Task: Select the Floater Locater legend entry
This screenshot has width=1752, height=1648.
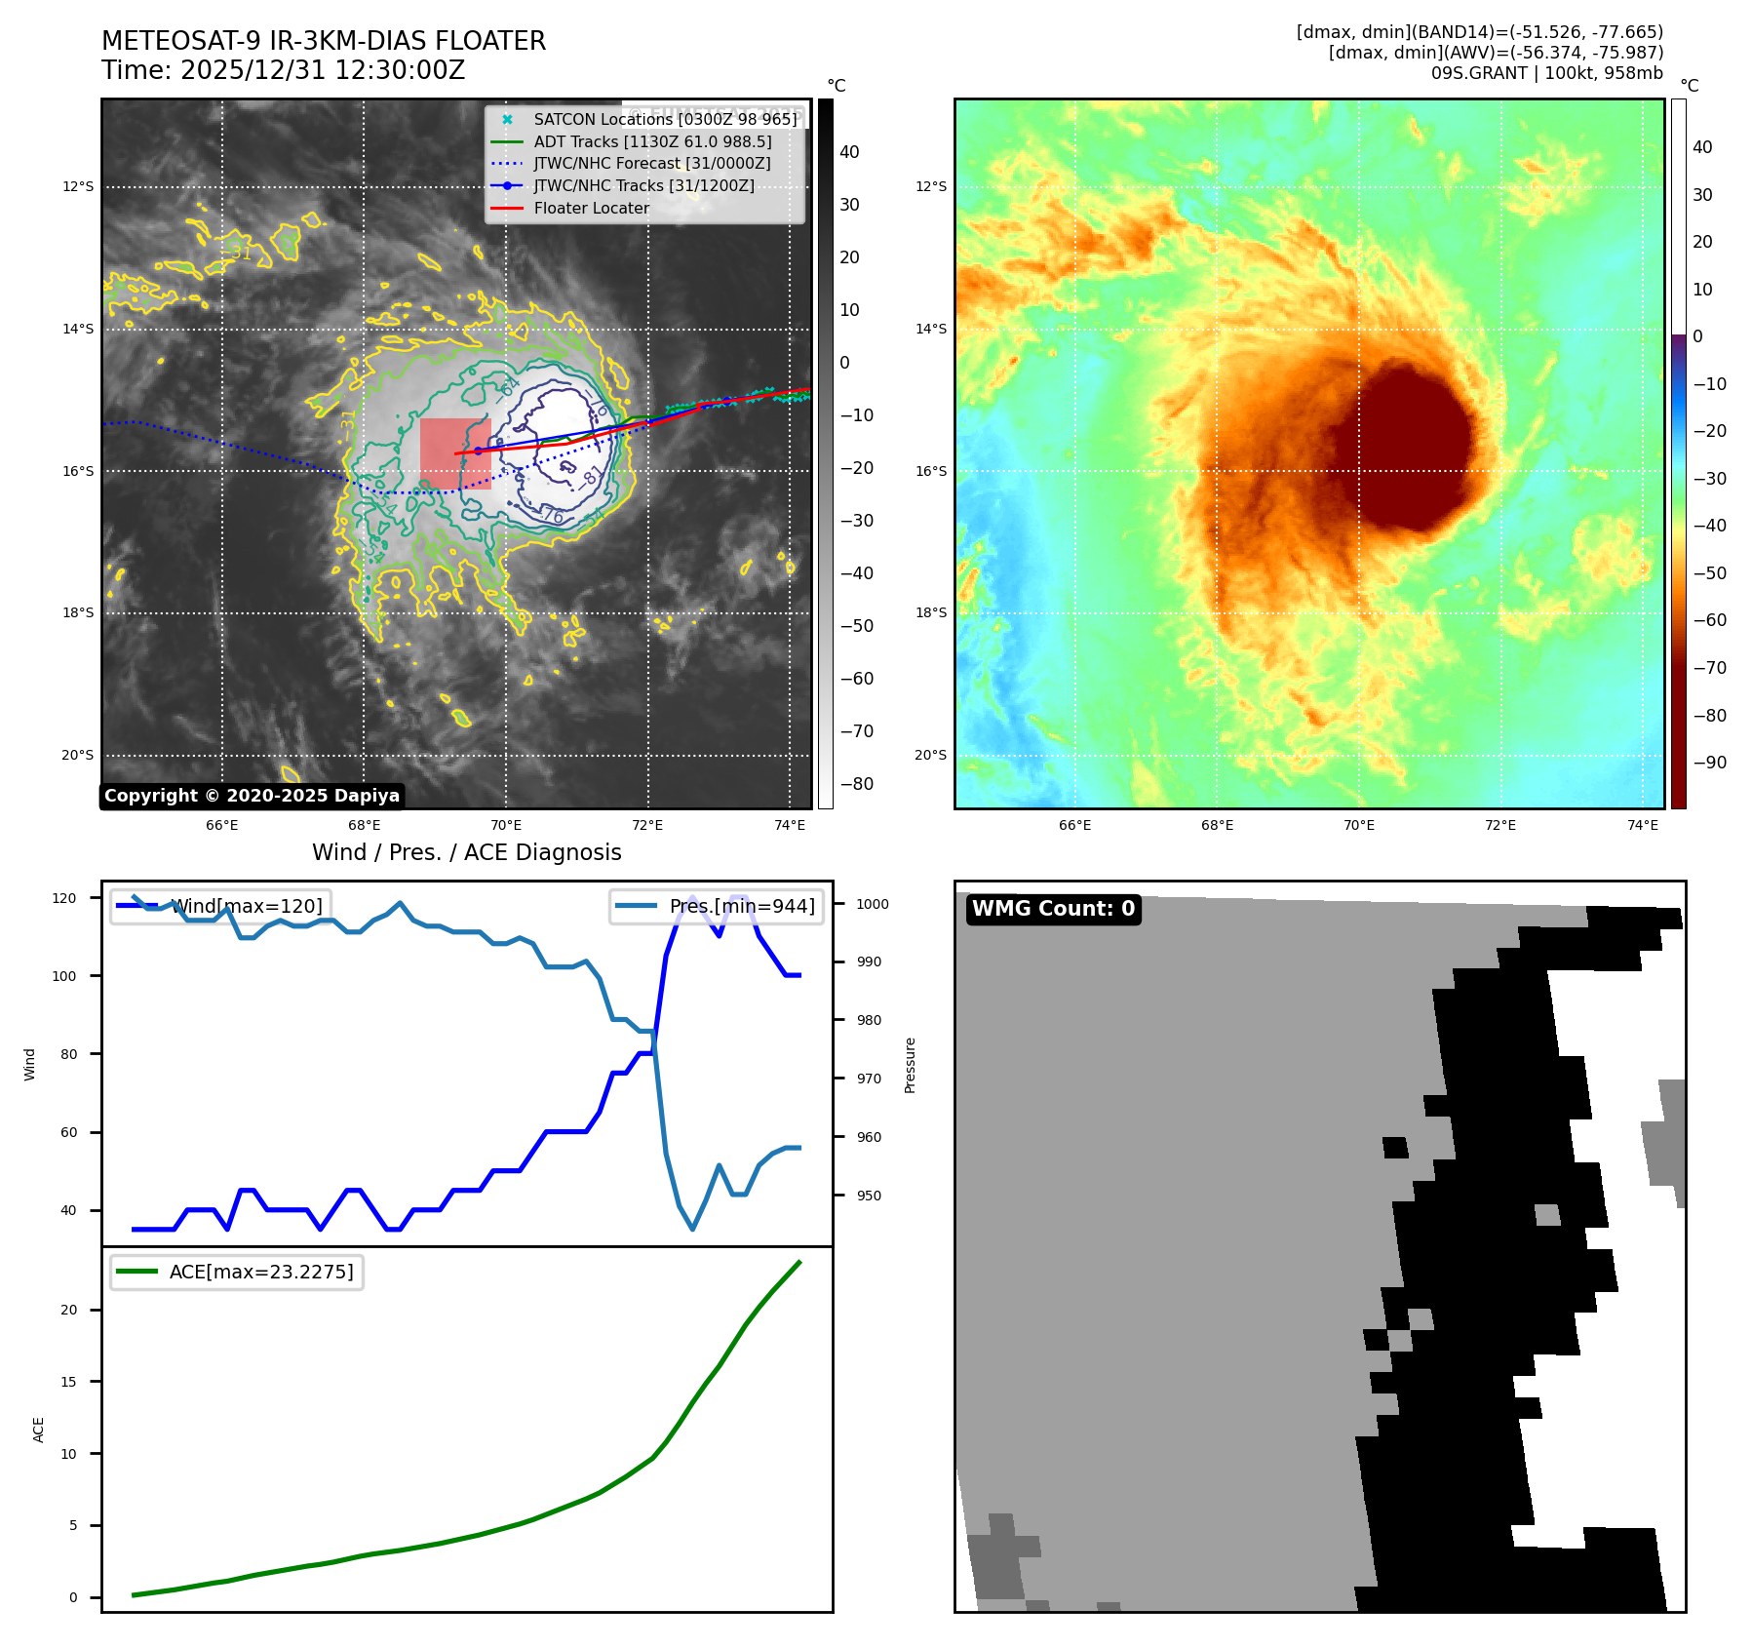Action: [591, 208]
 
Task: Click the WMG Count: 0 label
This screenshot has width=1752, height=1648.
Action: [1053, 909]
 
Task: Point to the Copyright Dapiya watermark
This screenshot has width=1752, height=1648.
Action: [252, 796]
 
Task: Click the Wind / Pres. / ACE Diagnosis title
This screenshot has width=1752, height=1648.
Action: [466, 852]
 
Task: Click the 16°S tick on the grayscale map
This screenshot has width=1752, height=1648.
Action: [78, 471]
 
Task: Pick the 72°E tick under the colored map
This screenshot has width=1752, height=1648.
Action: [1500, 825]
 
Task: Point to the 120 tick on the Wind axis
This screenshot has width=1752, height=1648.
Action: [64, 898]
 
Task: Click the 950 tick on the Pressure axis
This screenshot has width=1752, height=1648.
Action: [868, 1196]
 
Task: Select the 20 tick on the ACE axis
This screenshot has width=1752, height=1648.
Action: [69, 1310]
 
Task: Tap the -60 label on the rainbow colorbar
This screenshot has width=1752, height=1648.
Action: [1709, 620]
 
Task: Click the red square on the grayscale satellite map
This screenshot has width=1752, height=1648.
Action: [454, 453]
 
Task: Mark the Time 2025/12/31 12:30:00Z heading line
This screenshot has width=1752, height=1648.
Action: [283, 70]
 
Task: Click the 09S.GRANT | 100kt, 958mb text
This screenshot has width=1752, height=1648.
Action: [1546, 73]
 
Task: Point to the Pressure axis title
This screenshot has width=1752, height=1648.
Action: [910, 1065]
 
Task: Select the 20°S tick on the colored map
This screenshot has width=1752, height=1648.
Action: [930, 755]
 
